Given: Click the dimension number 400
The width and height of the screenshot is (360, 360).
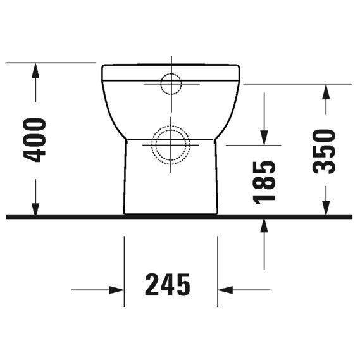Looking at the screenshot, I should click(x=36, y=139).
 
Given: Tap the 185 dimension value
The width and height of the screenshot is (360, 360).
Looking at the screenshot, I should click(x=264, y=181).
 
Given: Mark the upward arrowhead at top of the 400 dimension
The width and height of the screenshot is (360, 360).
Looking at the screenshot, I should click(x=36, y=70).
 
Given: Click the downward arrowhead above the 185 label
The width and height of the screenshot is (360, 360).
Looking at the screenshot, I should click(x=264, y=137).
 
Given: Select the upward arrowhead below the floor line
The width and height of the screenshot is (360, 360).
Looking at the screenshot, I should click(x=264, y=225).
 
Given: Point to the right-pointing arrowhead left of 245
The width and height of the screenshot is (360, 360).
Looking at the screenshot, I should click(x=116, y=290).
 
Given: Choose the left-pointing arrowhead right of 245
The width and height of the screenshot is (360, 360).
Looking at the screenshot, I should click(x=225, y=290).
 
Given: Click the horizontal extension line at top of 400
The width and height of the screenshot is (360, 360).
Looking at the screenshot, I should click(x=51, y=63).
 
